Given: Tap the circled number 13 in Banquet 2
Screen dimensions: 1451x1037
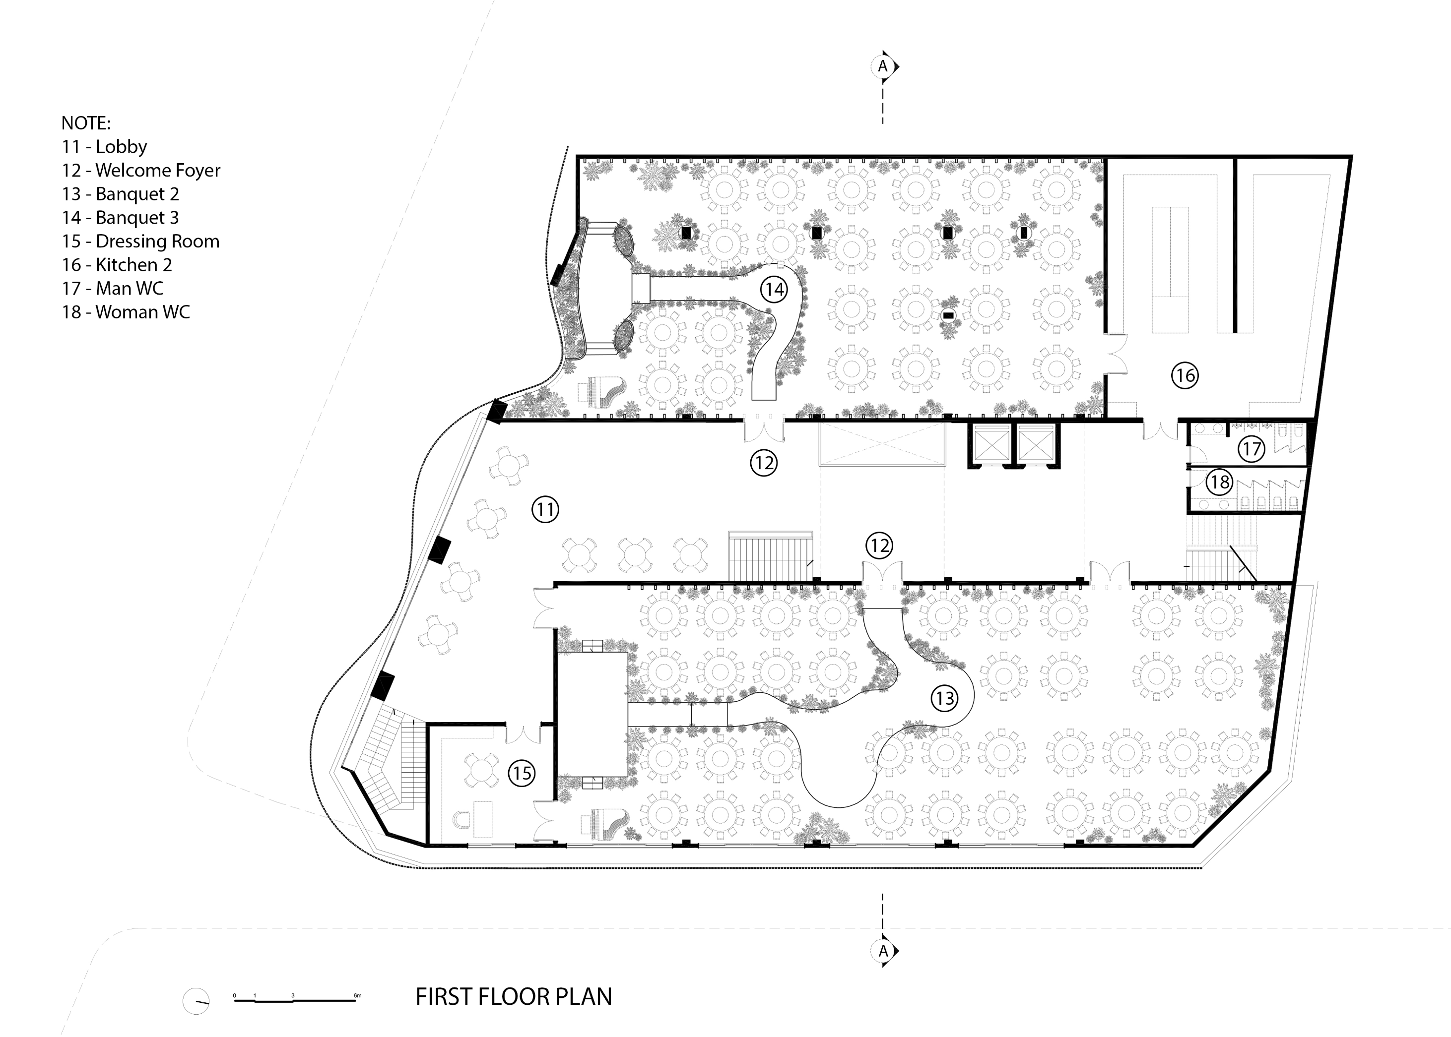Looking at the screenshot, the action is click(x=944, y=698).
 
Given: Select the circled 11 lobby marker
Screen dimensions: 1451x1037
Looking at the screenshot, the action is click(x=545, y=509).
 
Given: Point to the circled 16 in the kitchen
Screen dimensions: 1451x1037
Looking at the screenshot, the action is click(x=1185, y=375).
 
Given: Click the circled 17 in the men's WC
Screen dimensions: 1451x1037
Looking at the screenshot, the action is click(x=1251, y=449).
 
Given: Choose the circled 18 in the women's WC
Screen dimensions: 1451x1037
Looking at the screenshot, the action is click(x=1219, y=482).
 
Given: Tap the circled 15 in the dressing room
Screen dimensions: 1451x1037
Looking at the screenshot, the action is click(x=522, y=773).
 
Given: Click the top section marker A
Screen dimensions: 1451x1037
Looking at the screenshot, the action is click(x=884, y=66).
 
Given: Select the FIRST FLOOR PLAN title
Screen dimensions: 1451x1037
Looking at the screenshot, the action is click(x=514, y=997).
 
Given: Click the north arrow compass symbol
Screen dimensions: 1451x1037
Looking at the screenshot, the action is click(x=196, y=1001).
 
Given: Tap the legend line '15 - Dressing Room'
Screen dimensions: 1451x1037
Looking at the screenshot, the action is click(x=140, y=242).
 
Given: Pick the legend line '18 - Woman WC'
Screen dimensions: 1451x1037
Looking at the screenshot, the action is click(x=126, y=312).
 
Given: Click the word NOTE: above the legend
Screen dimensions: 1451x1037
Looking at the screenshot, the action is click(x=86, y=122).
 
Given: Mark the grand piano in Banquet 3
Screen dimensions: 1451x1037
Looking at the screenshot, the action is click(x=600, y=391).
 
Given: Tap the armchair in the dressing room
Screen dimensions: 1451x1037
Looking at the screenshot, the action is click(x=462, y=819).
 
